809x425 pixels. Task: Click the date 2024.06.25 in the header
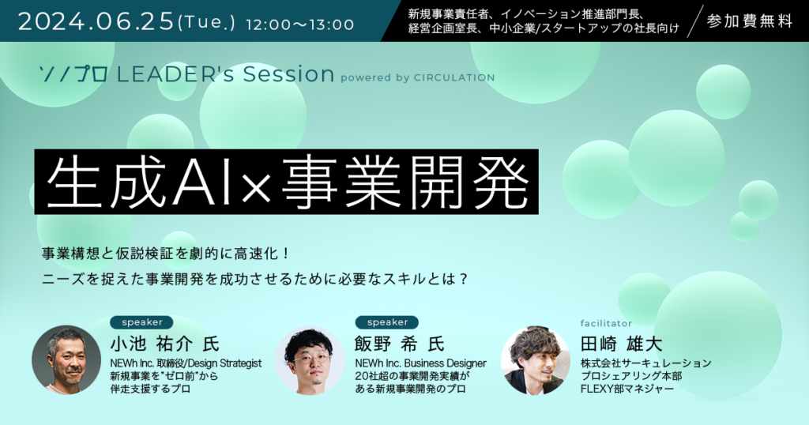pos(95,22)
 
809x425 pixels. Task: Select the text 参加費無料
pos(750,21)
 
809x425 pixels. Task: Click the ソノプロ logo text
pos(74,75)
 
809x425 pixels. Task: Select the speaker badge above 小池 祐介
pos(143,322)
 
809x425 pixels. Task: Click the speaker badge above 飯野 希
pos(387,322)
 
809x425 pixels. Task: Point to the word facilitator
pos(607,323)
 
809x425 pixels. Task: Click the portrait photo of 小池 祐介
pos(66,359)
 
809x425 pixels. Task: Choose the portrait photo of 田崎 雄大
pos(535,359)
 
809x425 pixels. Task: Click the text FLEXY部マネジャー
pos(627,389)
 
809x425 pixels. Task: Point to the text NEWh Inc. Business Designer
pos(420,363)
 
